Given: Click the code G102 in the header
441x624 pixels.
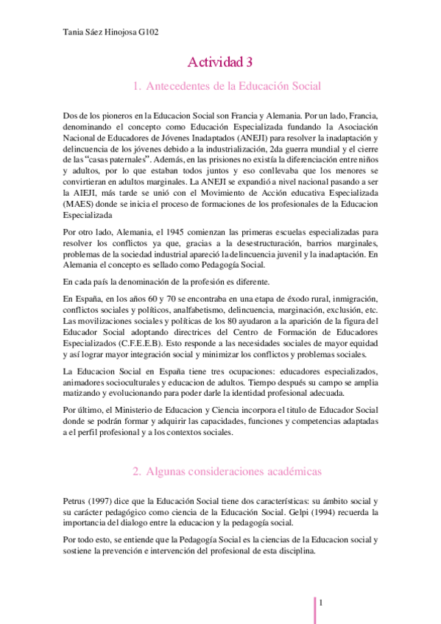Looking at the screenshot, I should (148, 32).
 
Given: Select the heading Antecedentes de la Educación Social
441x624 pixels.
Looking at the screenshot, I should (227, 87).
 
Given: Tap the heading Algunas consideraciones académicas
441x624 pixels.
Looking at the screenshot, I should (227, 470).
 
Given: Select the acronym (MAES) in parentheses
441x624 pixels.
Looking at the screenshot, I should (78, 203).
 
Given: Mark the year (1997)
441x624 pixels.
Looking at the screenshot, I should (105, 500).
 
